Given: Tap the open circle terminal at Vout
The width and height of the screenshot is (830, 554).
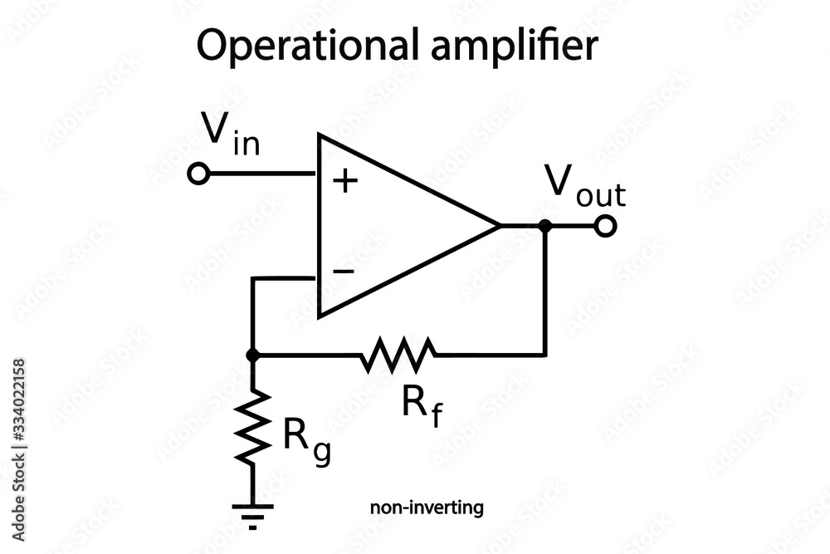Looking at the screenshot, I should [606, 225].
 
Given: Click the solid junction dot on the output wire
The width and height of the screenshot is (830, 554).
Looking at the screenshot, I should [544, 225].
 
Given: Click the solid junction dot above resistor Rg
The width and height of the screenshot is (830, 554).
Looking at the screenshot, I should [253, 355].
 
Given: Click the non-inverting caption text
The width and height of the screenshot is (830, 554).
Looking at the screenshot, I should [427, 507].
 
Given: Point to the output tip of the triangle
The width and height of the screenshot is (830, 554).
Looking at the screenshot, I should [498, 225].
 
